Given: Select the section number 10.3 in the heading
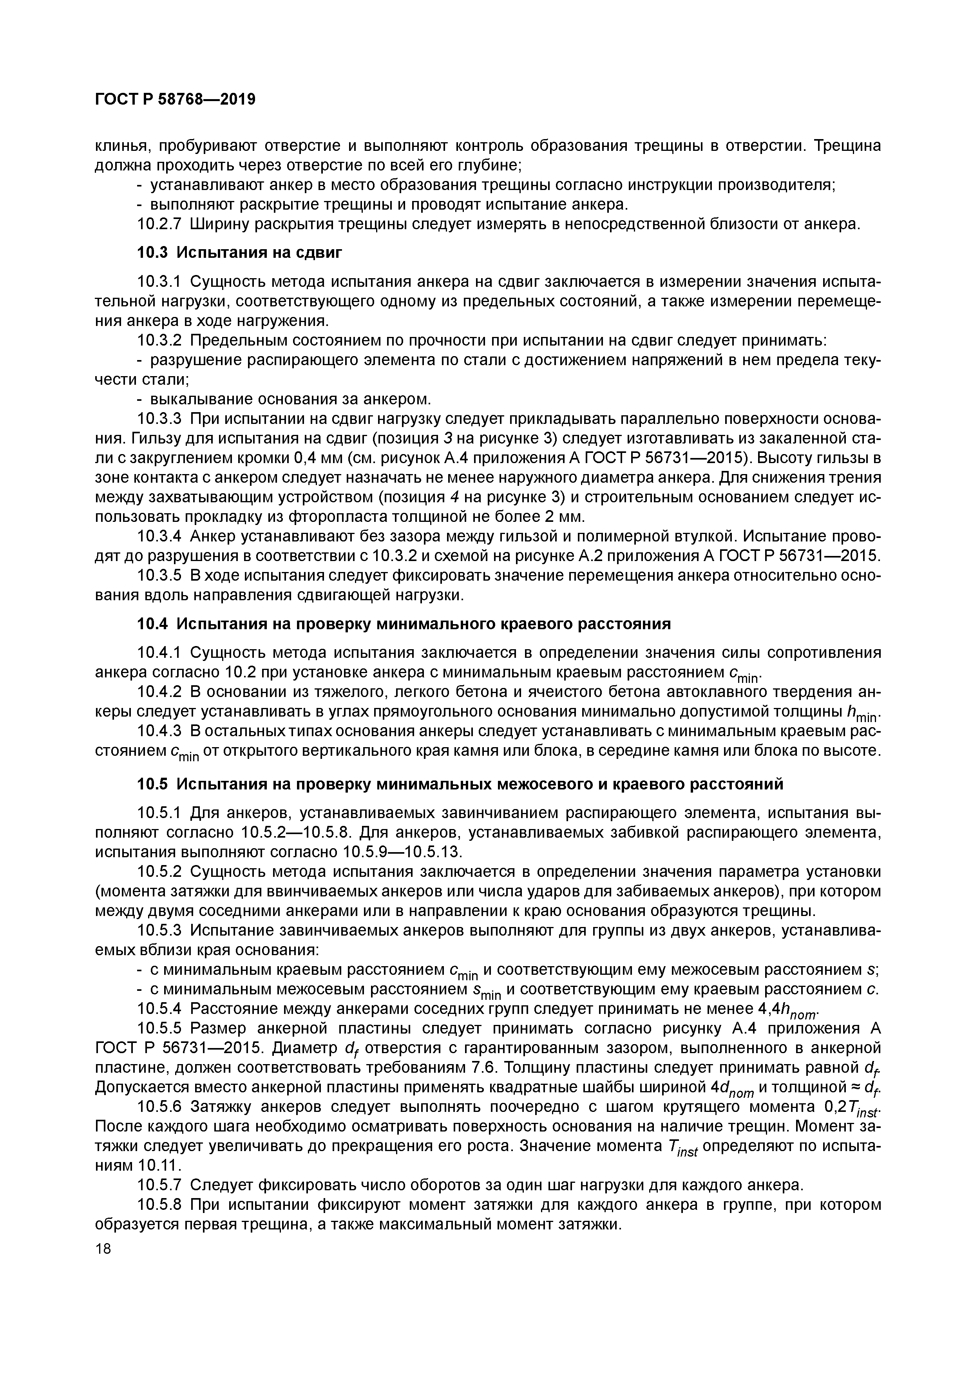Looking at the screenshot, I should (x=154, y=253).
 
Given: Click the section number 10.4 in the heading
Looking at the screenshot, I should (x=154, y=624).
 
